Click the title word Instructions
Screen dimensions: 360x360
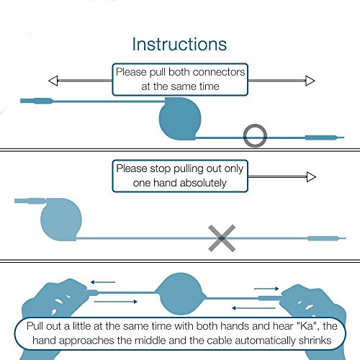click(x=179, y=44)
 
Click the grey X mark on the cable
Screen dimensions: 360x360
click(x=222, y=238)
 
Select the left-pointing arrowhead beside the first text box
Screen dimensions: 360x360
click(x=53, y=81)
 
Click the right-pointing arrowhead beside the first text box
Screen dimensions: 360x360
click(x=310, y=81)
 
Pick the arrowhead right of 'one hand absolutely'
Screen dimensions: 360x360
click(x=311, y=177)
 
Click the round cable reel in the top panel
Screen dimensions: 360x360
click(x=180, y=119)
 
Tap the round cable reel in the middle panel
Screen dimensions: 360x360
click(x=61, y=219)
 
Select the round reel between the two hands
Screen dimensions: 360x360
click(x=181, y=294)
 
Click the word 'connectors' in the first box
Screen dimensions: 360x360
click(x=218, y=72)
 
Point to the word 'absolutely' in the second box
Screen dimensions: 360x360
click(x=203, y=183)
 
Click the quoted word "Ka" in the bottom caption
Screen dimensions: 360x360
click(x=307, y=326)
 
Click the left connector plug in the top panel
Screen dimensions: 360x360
click(x=37, y=101)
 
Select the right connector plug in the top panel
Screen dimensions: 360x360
click(x=325, y=138)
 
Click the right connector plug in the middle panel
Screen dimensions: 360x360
click(x=327, y=238)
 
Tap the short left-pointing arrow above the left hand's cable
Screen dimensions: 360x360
click(x=103, y=282)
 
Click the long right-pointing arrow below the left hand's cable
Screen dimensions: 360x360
click(x=115, y=302)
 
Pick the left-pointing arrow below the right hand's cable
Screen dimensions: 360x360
click(x=253, y=308)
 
